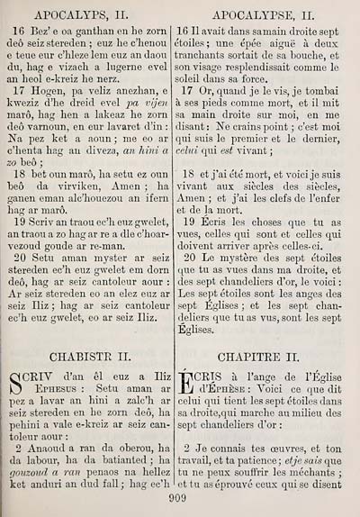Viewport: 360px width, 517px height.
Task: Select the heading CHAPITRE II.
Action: pyautogui.click(x=267, y=355)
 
